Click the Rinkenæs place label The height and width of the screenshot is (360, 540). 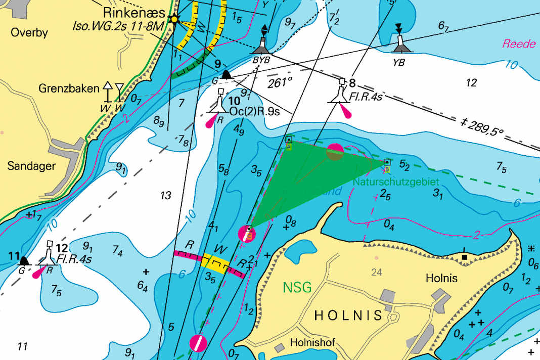click(x=133, y=12)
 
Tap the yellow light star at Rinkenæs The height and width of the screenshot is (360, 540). click(x=175, y=19)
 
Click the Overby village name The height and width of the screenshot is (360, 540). click(x=30, y=33)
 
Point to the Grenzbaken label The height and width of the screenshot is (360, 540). click(x=69, y=88)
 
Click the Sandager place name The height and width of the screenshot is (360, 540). click(x=31, y=166)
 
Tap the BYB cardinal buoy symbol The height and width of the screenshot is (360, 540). click(x=262, y=45)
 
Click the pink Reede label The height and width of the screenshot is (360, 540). click(x=518, y=44)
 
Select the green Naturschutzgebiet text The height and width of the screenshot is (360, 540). click(x=396, y=181)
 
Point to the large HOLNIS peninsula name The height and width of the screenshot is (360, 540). click(x=348, y=316)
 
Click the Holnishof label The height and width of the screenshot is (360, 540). click(x=312, y=343)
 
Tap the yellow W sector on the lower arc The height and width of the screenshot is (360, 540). click(x=214, y=263)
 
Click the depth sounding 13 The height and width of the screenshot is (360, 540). click(x=165, y=196)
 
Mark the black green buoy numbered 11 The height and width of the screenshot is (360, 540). click(x=23, y=261)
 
